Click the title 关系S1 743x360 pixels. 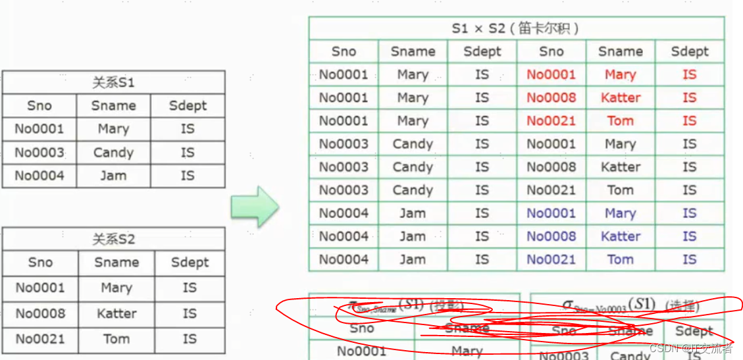pyautogui.click(x=113, y=83)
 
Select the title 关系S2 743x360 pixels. pyautogui.click(x=114, y=239)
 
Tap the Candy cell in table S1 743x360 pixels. pyautogui.click(x=113, y=153)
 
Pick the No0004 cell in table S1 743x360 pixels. pyautogui.click(x=39, y=176)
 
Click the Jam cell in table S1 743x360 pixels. pyautogui.click(x=113, y=176)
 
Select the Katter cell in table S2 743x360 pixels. pyautogui.click(x=116, y=313)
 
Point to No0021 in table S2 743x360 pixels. pyautogui.click(x=40, y=339)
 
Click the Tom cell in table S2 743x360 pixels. pyautogui.click(x=116, y=339)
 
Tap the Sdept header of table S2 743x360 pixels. pyautogui.click(x=190, y=263)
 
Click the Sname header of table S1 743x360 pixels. pyautogui.click(x=113, y=106)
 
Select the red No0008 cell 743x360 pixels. pyautogui.click(x=551, y=98)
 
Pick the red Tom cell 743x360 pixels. pyautogui.click(x=620, y=121)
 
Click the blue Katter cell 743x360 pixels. pyautogui.click(x=620, y=236)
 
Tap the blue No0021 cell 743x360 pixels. pyautogui.click(x=551, y=259)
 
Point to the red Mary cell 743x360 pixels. pyautogui.click(x=620, y=75)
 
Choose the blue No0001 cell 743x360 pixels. pyautogui.click(x=551, y=213)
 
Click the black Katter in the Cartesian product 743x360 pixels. pyautogui.click(x=620, y=167)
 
